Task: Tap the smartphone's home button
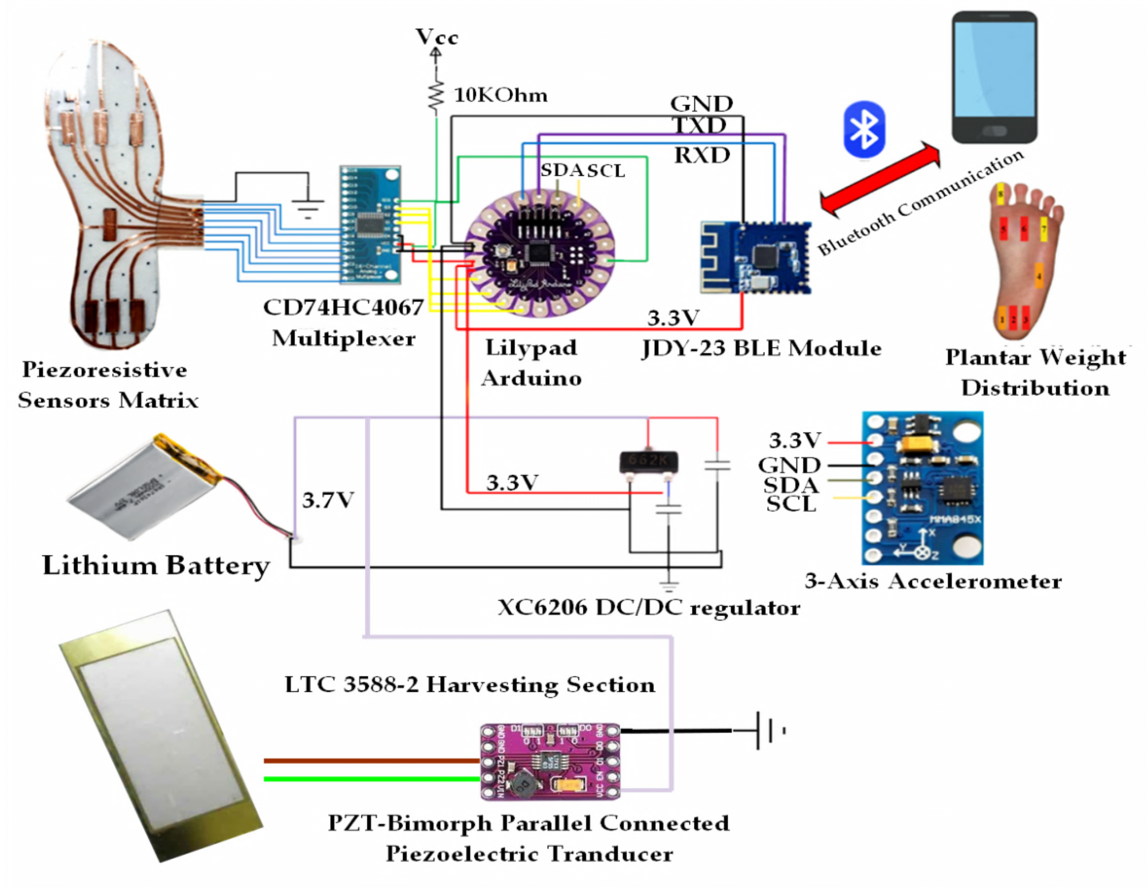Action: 994,131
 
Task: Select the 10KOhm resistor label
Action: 501,95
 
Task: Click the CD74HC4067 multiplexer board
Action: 370,225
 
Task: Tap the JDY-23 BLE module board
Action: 756,257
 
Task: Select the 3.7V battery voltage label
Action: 328,500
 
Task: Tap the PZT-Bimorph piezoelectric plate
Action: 160,735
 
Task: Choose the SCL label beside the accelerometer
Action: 791,504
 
